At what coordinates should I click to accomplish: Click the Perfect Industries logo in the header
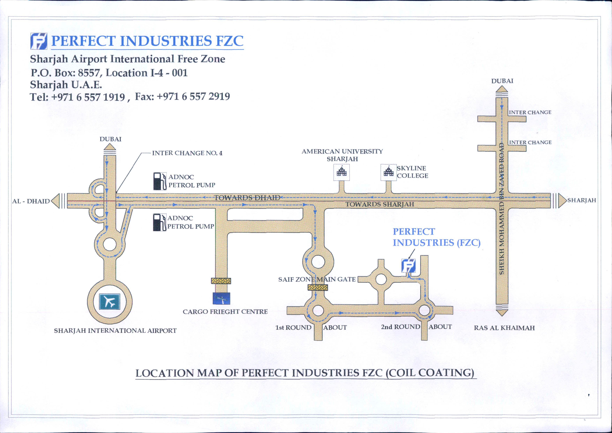(39, 41)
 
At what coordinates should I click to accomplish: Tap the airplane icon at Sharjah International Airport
(109, 302)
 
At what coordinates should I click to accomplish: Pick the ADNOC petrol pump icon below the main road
(159, 222)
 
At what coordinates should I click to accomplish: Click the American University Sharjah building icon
(342, 172)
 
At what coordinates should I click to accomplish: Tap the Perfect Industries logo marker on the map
(408, 266)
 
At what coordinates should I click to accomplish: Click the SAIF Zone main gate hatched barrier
(318, 287)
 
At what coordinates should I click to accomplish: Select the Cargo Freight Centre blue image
(221, 299)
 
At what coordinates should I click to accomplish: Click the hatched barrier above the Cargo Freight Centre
(221, 281)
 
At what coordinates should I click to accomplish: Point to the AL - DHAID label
(31, 201)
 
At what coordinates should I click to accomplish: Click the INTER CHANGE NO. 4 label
(187, 153)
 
